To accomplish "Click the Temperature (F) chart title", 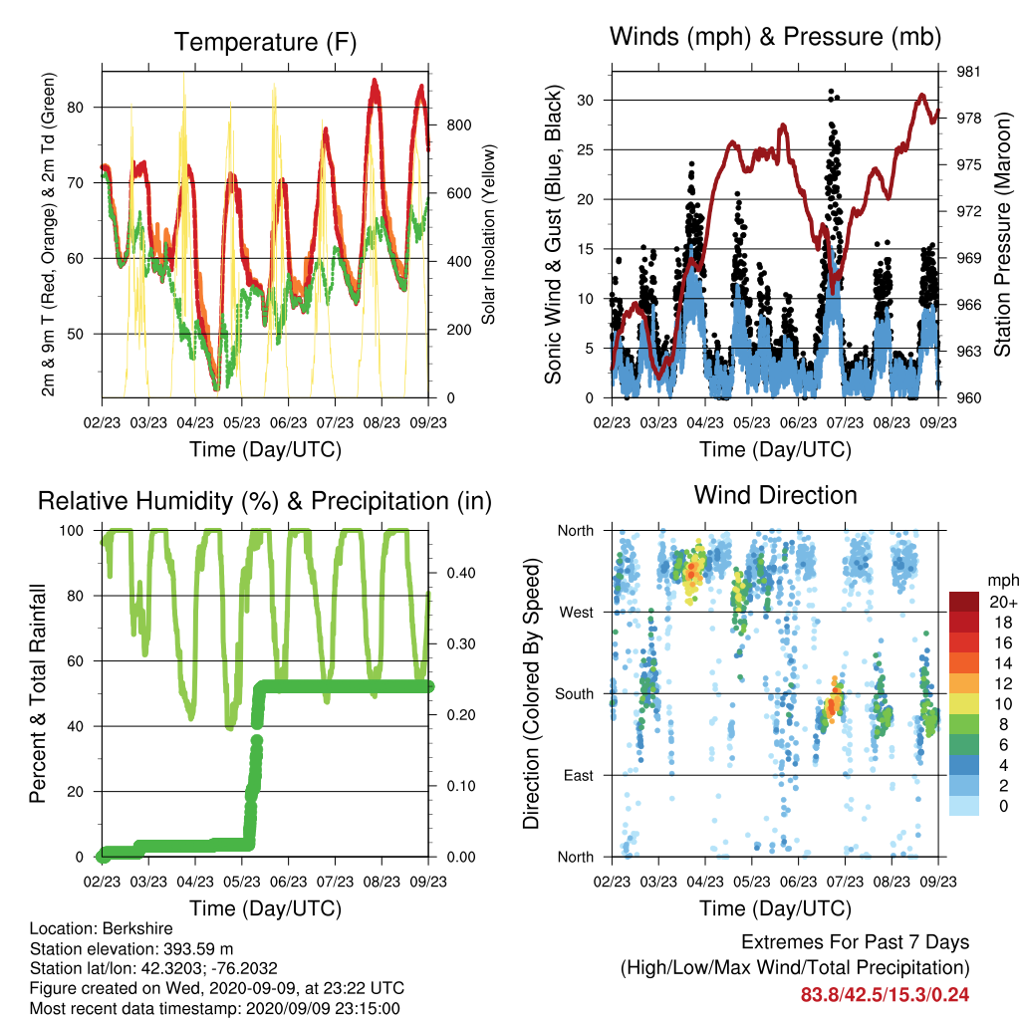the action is click(x=265, y=42).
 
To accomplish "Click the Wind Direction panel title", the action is click(x=775, y=495).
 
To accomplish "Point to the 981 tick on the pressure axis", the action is click(x=968, y=72).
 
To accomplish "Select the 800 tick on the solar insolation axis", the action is click(x=458, y=125).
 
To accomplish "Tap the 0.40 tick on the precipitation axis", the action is click(x=461, y=573).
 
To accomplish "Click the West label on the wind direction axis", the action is click(x=577, y=613).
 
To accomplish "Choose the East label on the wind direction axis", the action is click(x=579, y=775).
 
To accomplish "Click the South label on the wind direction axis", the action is click(x=575, y=694).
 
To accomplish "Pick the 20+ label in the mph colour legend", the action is click(x=1003, y=602).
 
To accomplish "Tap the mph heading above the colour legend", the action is click(x=1003, y=581).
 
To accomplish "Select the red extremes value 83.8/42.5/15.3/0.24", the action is click(x=885, y=995).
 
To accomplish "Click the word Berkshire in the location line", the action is click(x=137, y=928).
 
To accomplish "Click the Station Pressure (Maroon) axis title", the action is click(x=1002, y=234).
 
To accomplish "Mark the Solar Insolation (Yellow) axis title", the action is click(x=488, y=234).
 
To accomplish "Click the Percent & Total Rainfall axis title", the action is click(x=38, y=693).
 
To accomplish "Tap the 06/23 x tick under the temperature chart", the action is click(x=288, y=422).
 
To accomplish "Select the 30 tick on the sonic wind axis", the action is click(x=585, y=101).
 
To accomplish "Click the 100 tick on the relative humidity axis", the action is click(x=72, y=531).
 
